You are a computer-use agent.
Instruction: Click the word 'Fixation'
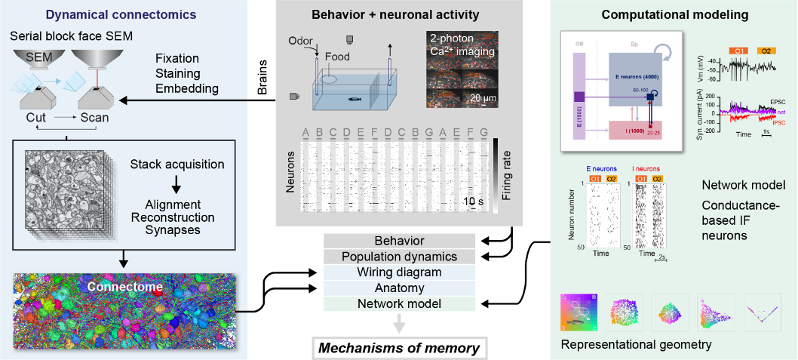click(x=178, y=59)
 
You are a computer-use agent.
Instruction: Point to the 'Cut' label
click(x=36, y=118)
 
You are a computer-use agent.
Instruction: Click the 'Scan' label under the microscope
click(x=94, y=118)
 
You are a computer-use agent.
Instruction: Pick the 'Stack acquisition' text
click(x=176, y=164)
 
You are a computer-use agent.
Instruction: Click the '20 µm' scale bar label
click(x=483, y=98)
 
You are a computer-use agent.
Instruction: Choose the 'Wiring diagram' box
click(x=400, y=272)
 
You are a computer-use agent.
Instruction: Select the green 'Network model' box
click(x=400, y=303)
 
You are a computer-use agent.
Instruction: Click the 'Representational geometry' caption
click(x=637, y=345)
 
